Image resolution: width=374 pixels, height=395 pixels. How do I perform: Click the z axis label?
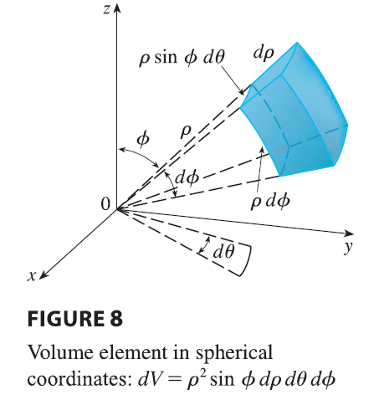pos(106,9)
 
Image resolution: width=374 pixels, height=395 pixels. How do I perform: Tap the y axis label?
pos(348,248)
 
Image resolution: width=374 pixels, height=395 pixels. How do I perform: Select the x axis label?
pos(32,275)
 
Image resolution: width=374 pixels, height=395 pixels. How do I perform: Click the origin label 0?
pos(105,204)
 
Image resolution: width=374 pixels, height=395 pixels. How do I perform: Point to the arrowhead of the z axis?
pos(117,8)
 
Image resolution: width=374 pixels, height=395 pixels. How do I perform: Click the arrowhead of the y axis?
pos(349,233)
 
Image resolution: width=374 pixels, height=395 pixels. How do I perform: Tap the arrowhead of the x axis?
pos(44,275)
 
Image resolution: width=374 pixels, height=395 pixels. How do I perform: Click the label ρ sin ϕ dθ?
pos(182,59)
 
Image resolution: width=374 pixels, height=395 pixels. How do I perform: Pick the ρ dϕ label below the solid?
pos(270,202)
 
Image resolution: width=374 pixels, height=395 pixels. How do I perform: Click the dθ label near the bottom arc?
pos(223,252)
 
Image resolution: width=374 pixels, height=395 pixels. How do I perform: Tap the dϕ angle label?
pos(187,178)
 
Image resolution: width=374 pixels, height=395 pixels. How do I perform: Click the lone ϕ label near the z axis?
pos(143,139)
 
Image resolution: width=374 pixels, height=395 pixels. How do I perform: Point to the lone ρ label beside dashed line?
pos(185,131)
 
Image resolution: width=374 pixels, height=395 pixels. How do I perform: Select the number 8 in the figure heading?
pos(116,319)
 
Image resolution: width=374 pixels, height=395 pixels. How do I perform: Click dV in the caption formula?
pos(148,379)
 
